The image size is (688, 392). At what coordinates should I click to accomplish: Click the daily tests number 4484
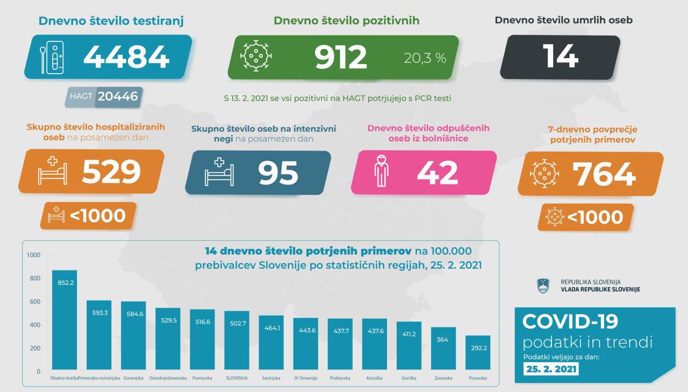126,56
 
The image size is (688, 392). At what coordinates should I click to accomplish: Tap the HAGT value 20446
118,97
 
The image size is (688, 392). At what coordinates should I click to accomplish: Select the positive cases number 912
341,57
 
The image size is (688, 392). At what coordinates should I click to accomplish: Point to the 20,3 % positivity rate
425,58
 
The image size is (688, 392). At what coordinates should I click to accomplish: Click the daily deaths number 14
561,56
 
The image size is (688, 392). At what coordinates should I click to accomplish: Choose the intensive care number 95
278,173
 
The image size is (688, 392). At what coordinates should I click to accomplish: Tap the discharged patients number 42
438,173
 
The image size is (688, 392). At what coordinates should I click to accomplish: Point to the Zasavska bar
443,349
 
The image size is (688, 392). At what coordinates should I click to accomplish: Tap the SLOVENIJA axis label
236,378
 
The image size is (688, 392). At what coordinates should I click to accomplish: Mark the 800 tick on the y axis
34,278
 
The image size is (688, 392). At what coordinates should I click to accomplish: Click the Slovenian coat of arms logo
542,286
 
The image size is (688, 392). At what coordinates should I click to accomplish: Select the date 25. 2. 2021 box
551,369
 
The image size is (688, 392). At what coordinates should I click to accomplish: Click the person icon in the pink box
381,172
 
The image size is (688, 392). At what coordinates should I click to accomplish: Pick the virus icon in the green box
256,56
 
